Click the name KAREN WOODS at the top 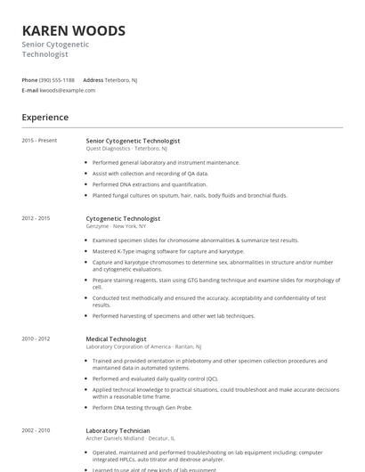click(73, 31)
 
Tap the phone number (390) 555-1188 click(57, 80)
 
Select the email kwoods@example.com click(68, 90)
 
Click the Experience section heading click(45, 118)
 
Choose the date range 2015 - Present click(39, 141)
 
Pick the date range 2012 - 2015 click(36, 218)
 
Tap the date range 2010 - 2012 click(36, 339)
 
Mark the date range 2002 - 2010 click(36, 430)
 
